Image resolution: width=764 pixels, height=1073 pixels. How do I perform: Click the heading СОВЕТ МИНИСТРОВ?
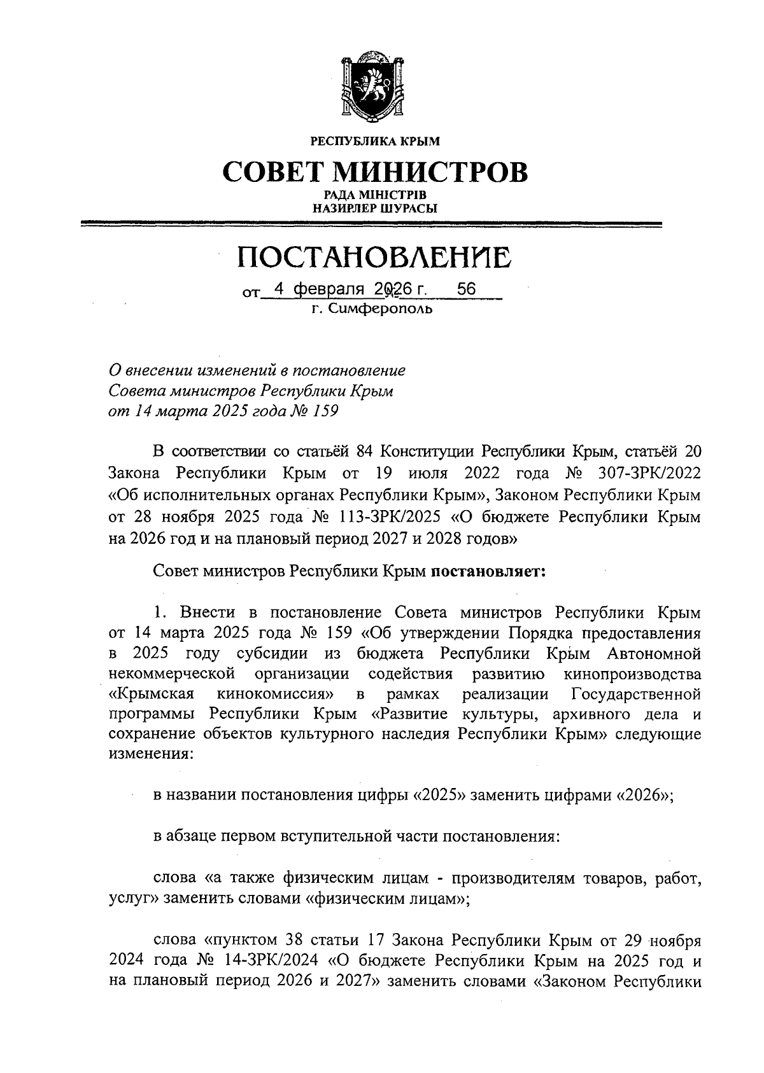pyautogui.click(x=375, y=170)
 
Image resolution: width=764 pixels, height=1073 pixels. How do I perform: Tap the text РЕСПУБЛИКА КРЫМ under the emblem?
pyautogui.click(x=374, y=140)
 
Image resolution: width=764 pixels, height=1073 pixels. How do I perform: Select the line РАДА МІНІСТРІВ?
pyautogui.click(x=374, y=195)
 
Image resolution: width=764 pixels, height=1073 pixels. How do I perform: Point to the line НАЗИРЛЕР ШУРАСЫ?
pyautogui.click(x=374, y=207)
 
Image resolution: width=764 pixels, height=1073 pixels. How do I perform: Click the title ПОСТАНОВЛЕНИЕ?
pyautogui.click(x=374, y=258)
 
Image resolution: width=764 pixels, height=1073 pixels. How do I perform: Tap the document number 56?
pyautogui.click(x=467, y=289)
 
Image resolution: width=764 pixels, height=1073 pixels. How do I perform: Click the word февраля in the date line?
pyautogui.click(x=329, y=289)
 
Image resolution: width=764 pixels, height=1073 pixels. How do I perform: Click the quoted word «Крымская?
pyautogui.click(x=152, y=693)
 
